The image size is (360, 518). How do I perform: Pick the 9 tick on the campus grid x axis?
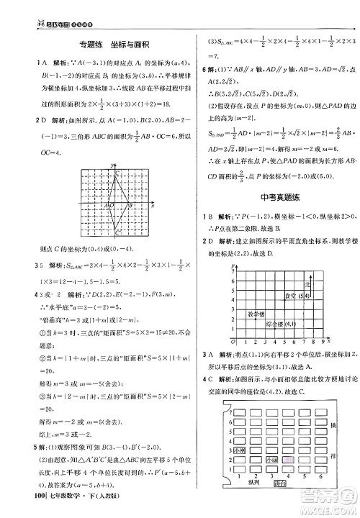(317, 341)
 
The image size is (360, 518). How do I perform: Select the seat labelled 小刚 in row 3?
(238, 450)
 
